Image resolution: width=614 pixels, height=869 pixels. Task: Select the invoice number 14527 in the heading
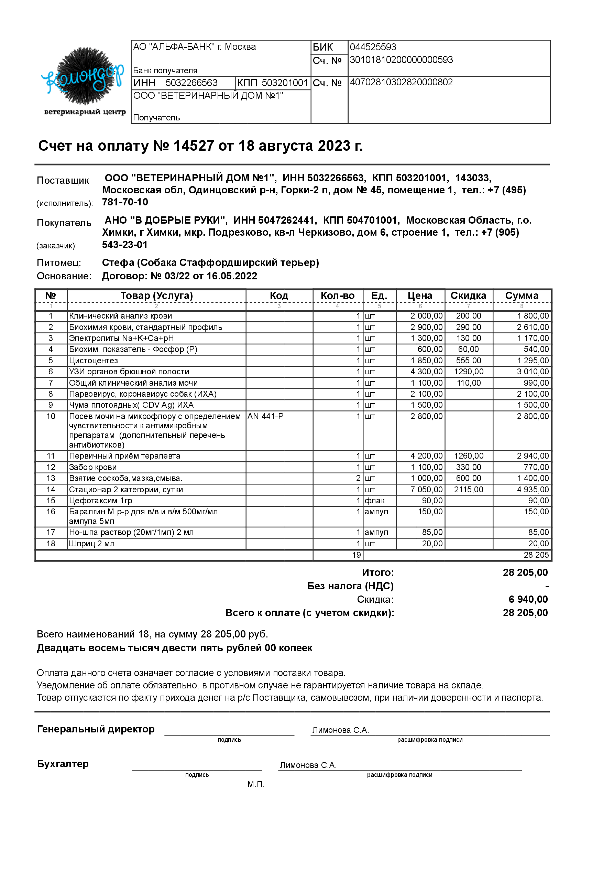click(193, 146)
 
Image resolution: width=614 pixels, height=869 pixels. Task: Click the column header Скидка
click(468, 296)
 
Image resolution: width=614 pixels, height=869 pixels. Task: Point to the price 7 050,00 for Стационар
click(426, 490)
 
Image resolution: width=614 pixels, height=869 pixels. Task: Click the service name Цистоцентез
click(94, 361)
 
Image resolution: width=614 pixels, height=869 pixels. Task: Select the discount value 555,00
click(468, 361)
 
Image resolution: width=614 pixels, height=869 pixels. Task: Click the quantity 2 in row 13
click(358, 479)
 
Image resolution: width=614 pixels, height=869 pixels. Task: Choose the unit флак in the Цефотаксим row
click(374, 501)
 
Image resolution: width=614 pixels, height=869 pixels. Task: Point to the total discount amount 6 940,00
click(528, 599)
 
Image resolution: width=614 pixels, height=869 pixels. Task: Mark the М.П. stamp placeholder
click(256, 784)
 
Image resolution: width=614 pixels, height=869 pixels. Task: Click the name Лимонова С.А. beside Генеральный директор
click(340, 730)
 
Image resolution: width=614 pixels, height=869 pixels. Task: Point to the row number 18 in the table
click(51, 544)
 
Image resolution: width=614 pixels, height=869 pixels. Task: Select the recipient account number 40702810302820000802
click(401, 82)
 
